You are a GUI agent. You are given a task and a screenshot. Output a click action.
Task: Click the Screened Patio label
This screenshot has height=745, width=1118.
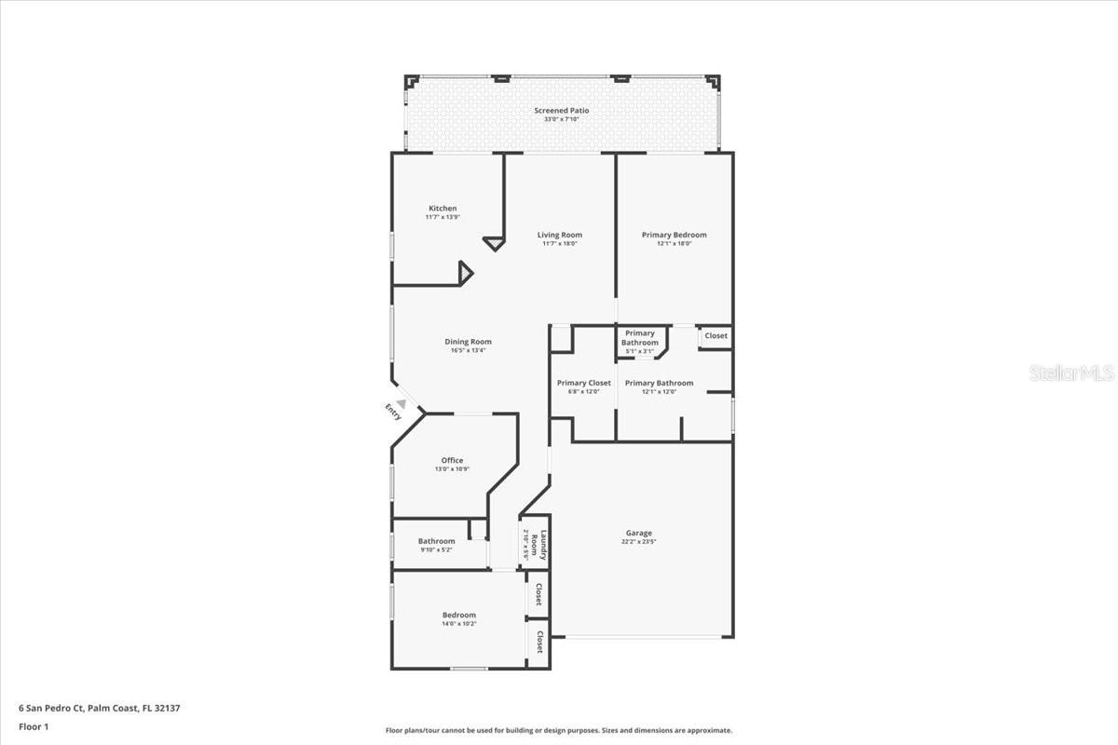click(x=561, y=110)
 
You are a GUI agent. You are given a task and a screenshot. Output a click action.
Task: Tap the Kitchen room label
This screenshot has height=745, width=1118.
click(x=443, y=208)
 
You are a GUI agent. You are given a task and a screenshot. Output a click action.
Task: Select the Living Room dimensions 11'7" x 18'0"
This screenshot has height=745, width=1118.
click(x=560, y=244)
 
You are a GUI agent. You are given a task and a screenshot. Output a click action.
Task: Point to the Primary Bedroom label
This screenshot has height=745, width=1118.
click(x=674, y=235)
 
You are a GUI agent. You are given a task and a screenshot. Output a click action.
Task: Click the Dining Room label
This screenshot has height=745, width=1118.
click(x=468, y=342)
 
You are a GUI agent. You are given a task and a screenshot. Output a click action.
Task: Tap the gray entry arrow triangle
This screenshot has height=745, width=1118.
click(x=402, y=403)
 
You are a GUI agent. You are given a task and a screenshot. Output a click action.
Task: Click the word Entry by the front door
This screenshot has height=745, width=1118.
click(x=393, y=412)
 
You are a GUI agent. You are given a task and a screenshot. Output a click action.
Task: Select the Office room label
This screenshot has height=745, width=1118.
click(x=452, y=460)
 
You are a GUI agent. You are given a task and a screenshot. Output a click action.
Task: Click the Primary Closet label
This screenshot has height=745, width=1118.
click(x=584, y=383)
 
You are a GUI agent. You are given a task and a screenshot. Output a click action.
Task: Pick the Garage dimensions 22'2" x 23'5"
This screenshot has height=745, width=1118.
click(x=638, y=542)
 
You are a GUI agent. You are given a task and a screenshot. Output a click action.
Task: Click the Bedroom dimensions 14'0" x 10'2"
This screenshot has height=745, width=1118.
click(x=458, y=624)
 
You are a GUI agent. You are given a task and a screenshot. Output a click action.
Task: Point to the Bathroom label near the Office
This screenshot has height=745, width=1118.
click(x=436, y=541)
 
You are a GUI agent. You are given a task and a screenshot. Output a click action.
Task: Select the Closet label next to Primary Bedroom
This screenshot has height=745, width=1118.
click(x=716, y=335)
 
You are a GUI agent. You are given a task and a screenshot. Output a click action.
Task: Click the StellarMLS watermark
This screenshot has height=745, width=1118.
click(x=1071, y=373)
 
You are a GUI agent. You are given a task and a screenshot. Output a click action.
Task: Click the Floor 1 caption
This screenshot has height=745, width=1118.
click(x=34, y=726)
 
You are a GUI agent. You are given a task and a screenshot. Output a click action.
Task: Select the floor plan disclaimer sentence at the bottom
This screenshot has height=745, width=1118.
click(x=559, y=731)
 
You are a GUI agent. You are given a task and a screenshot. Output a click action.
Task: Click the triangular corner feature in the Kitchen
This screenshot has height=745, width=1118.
click(x=465, y=273)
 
